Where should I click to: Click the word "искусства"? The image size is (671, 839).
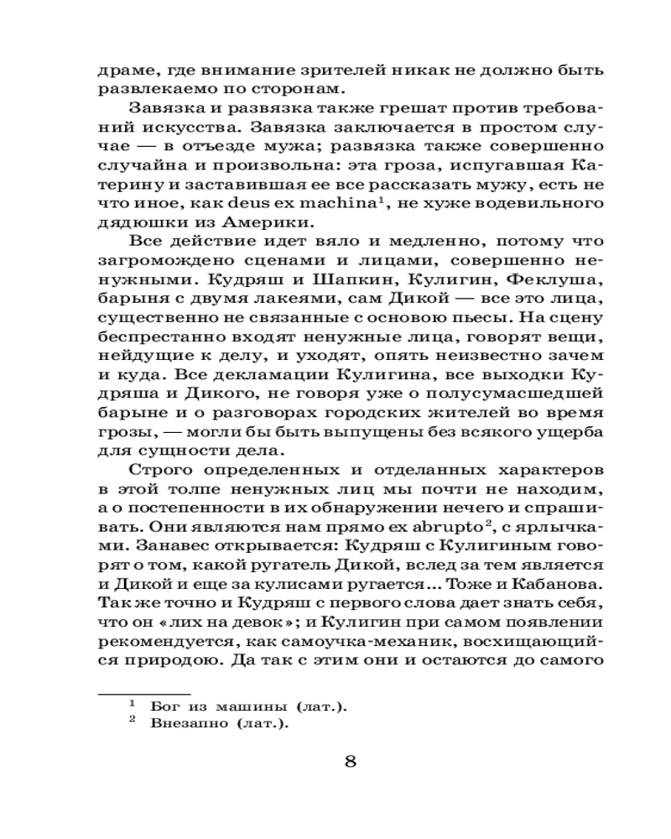click(161, 130)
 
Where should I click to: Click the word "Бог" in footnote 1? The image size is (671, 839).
click(165, 707)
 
